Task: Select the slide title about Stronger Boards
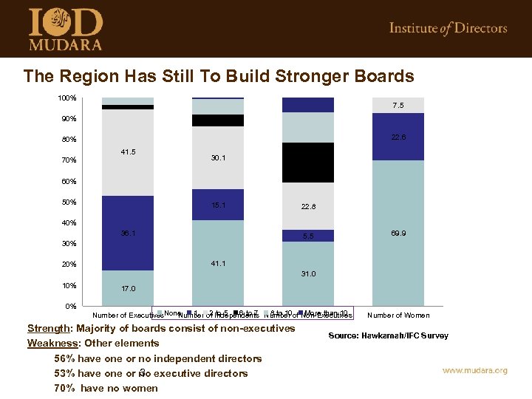[x=219, y=76]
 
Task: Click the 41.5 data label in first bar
[x=128, y=151]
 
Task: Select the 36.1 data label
[x=128, y=233]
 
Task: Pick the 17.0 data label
[x=128, y=289]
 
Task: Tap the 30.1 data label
[x=218, y=157]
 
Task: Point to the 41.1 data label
[x=218, y=263]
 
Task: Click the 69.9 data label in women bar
[x=398, y=233]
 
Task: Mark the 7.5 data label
[x=398, y=106]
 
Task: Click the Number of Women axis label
[x=398, y=316]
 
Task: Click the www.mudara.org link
[x=474, y=370]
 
